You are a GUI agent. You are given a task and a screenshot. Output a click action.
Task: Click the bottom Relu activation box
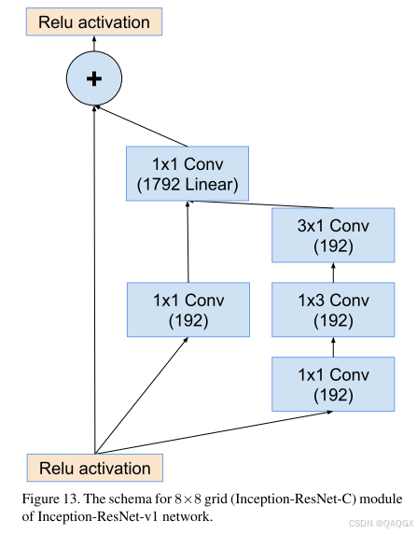point(94,468)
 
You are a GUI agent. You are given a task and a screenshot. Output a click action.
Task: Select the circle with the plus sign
point(93,79)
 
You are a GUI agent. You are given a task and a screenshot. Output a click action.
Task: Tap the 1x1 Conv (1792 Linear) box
point(188,174)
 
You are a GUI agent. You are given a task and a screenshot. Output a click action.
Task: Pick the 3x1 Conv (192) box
point(333,235)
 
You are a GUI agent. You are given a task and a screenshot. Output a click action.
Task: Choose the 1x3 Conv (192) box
point(333,310)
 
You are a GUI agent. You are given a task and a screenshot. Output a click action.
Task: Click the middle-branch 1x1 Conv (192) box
point(188,310)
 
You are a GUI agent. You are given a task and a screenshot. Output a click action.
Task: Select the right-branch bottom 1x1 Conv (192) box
point(333,385)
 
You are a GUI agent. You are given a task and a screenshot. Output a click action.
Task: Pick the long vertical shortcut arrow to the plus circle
point(94,280)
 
